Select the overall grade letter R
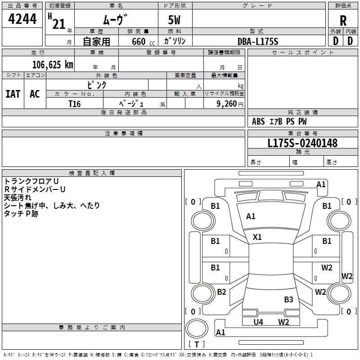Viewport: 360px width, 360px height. coord(343,20)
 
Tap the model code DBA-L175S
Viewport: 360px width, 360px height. coord(258,41)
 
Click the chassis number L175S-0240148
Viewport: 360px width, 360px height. coord(302,143)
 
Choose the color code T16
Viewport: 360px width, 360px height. coord(74,103)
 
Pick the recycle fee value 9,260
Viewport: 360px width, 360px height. coord(226,103)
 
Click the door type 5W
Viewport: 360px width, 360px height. coord(175,20)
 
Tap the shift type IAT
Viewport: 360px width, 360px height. coord(13,94)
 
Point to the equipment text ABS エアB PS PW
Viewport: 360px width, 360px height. coord(279,121)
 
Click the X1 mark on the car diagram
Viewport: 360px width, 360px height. coord(257,237)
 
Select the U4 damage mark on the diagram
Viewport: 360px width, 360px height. coord(258,322)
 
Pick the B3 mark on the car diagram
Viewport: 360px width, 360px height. coord(288,299)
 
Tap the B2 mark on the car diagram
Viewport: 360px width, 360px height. coord(221,292)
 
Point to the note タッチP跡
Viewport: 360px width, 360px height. coord(21,214)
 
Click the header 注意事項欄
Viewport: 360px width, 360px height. coord(123,134)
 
